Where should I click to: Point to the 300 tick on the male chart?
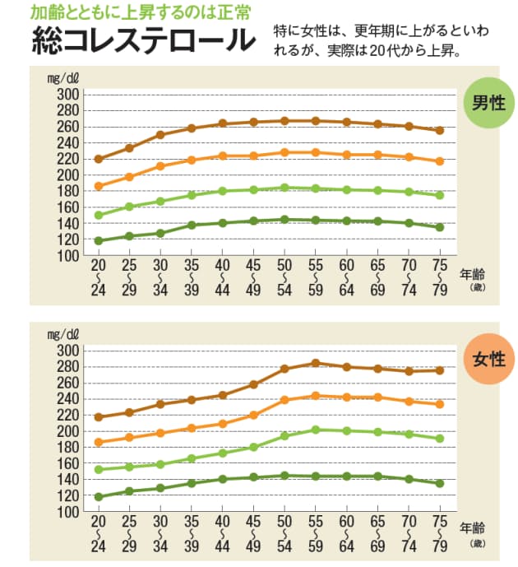pyautogui.click(x=67, y=95)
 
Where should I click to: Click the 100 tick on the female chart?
pyautogui.click(x=67, y=512)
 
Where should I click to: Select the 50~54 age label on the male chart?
pyautogui.click(x=284, y=278)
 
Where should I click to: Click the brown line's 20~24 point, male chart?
pyautogui.click(x=99, y=159)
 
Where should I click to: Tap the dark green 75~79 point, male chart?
pyautogui.click(x=440, y=227)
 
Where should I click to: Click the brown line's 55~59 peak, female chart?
pyautogui.click(x=315, y=363)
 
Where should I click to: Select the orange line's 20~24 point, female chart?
pyautogui.click(x=99, y=442)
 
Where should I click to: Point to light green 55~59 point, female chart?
pyautogui.click(x=315, y=430)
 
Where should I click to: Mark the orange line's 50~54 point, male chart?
pyautogui.click(x=284, y=152)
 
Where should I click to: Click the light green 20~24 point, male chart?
pyautogui.click(x=99, y=216)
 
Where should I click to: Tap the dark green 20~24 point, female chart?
pyautogui.click(x=99, y=497)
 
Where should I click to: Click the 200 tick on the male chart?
pyautogui.click(x=67, y=175)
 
